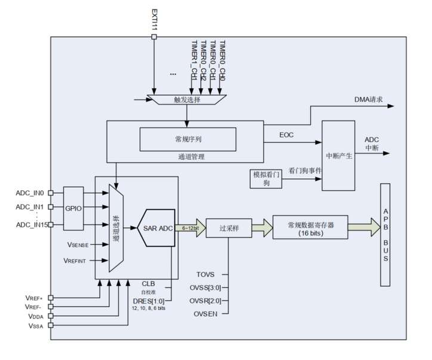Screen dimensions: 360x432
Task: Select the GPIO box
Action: click(74, 208)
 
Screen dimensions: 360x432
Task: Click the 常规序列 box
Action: click(186, 139)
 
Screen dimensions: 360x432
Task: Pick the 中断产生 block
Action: click(339, 155)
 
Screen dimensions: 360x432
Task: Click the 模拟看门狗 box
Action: click(265, 178)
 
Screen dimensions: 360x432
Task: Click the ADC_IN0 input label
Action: click(31, 193)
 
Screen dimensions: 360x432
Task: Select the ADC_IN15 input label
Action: click(31, 224)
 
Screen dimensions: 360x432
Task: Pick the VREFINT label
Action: click(75, 261)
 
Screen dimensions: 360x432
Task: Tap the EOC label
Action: click(287, 135)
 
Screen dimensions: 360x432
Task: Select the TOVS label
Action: click(204, 274)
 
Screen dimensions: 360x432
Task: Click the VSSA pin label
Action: click(34, 325)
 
